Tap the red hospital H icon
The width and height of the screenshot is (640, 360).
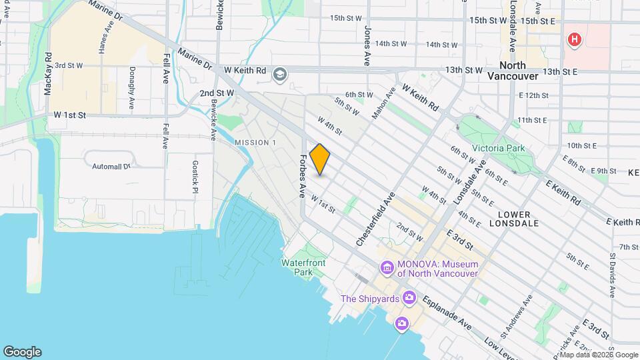click(x=573, y=41)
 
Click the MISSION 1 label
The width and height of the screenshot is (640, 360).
click(x=255, y=143)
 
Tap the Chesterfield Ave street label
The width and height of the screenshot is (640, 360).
click(x=376, y=219)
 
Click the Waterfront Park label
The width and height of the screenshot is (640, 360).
click(x=303, y=267)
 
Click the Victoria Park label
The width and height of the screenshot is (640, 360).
click(x=498, y=148)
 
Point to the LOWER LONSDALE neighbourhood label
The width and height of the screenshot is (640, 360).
click(x=514, y=219)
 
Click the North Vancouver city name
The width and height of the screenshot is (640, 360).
click(x=512, y=71)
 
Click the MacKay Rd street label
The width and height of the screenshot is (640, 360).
click(x=47, y=74)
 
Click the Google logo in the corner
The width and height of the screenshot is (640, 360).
click(x=22, y=351)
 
